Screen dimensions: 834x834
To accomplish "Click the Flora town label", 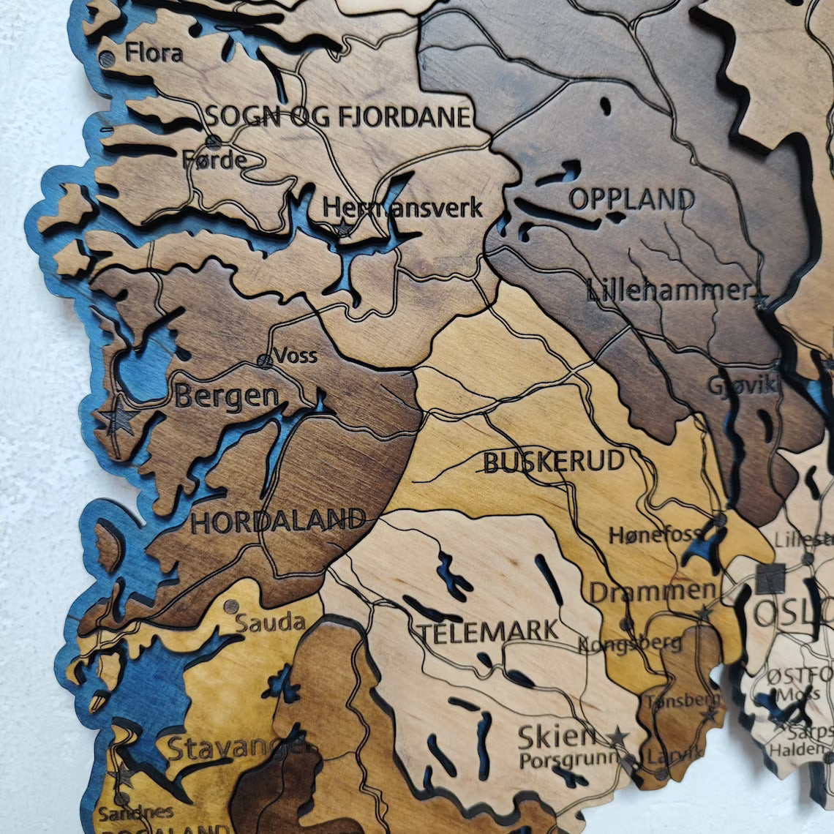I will pos(154,53).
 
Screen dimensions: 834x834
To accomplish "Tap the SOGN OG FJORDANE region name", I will pos(337,116).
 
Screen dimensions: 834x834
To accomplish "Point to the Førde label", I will pos(214,159).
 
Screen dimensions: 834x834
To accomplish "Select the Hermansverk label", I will pos(402,208).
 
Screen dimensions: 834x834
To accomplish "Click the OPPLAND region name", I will pos(632,199).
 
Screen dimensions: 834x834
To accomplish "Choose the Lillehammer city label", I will pos(669,291).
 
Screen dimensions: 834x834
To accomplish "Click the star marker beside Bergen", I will pos(117,418).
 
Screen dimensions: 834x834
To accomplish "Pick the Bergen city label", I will pos(227,397).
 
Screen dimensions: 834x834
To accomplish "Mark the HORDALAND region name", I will pos(278,521).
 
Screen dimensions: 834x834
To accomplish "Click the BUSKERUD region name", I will pos(554,462).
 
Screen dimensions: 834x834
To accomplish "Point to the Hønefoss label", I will pos(655,536).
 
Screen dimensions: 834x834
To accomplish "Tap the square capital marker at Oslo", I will pos(770,578).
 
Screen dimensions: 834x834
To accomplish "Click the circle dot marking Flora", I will pos(107,59).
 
